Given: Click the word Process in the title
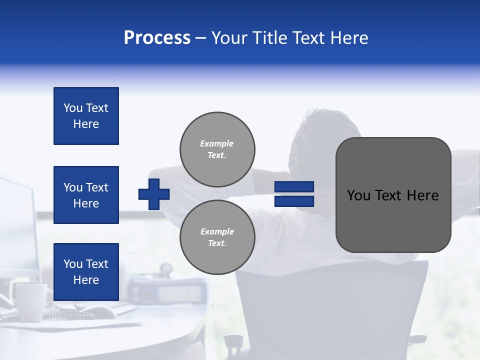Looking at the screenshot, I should coord(157,38).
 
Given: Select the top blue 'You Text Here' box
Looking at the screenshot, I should coord(86,116).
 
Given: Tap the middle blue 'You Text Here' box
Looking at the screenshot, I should coord(86,195).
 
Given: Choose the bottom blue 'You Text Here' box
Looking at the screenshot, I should coord(86,271).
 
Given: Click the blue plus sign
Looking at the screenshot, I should coord(154,194).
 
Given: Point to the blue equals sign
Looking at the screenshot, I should coord(294,194).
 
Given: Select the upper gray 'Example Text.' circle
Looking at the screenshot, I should coord(217,149).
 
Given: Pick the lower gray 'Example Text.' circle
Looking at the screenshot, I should coord(217,237).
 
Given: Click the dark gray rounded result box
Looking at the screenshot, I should coord(393,195).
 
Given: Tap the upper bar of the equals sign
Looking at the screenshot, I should coord(294,187).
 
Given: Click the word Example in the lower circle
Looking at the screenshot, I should coord(217,231).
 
